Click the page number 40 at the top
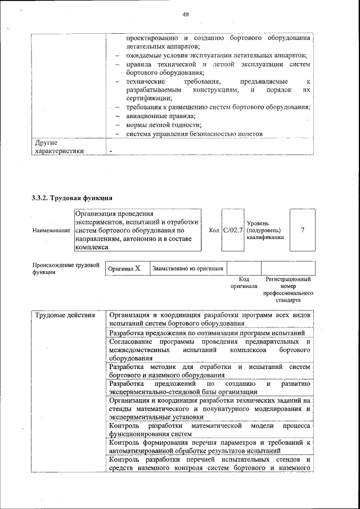pyautogui.click(x=185, y=15)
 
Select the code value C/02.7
pyautogui.click(x=232, y=230)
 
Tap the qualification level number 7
pyautogui.click(x=303, y=230)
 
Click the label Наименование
pyautogui.click(x=51, y=231)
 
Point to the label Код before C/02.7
pyautogui.click(x=214, y=230)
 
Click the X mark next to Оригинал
pyautogui.click(x=137, y=269)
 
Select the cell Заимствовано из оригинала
pyautogui.click(x=188, y=269)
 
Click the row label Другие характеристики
pyautogui.click(x=58, y=147)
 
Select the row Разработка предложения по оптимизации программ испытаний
pyautogui.click(x=203, y=333)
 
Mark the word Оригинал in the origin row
pyautogui.click(x=119, y=269)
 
